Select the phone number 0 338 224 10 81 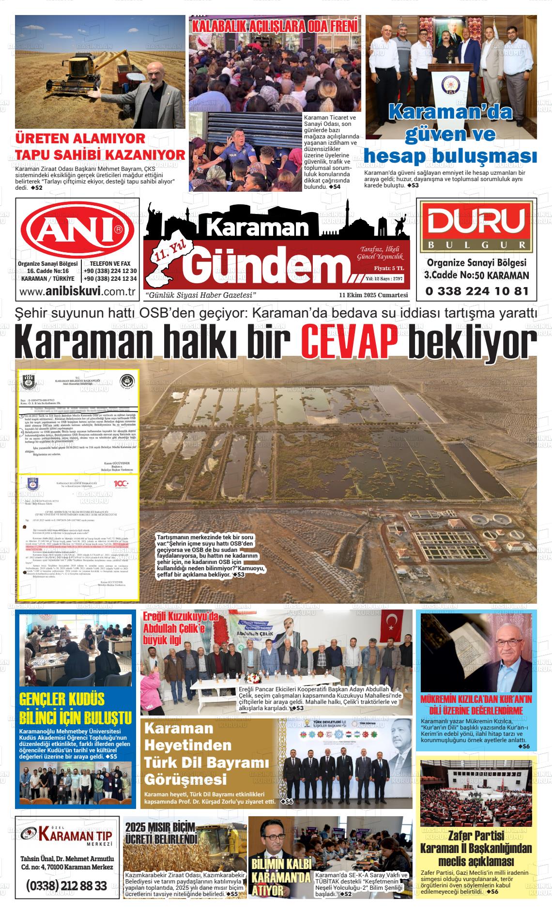(476, 291)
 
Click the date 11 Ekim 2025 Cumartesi (373, 295)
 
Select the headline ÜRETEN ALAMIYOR (80, 138)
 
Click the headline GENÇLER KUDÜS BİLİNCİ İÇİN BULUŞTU (75, 708)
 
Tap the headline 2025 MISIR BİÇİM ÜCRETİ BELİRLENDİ (161, 833)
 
